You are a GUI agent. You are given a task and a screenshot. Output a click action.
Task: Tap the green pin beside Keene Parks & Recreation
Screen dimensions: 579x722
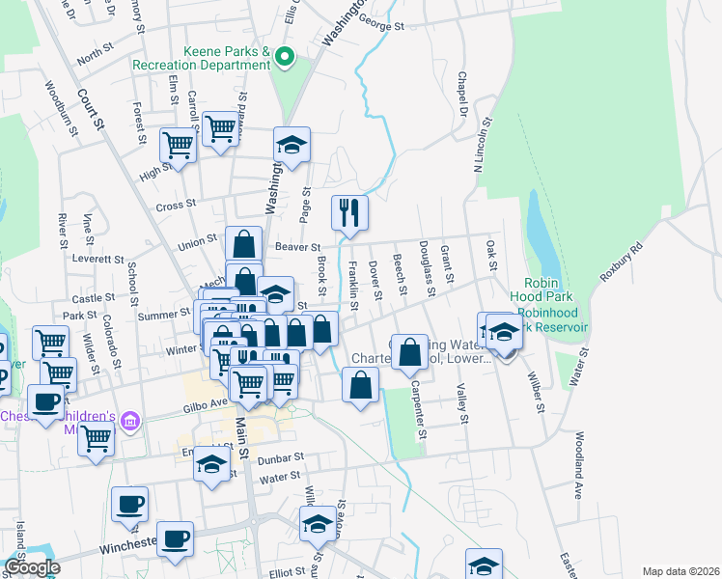click(x=284, y=58)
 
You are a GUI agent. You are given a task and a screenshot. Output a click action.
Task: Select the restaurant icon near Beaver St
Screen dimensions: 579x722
click(x=349, y=212)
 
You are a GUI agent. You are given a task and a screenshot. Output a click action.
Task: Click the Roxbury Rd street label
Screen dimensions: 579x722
click(x=620, y=261)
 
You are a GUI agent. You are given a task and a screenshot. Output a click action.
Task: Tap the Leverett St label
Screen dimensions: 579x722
click(x=99, y=261)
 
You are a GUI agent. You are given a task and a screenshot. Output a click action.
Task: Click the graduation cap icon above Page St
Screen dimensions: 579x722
click(x=292, y=145)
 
